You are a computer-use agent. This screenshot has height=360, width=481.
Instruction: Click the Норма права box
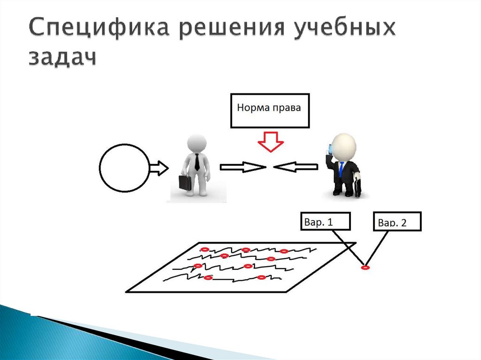coord(270,110)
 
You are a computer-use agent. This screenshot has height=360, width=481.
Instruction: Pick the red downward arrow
coord(270,142)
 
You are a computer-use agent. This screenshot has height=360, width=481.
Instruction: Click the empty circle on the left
coord(124,168)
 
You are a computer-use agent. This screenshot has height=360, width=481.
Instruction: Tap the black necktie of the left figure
coord(197,161)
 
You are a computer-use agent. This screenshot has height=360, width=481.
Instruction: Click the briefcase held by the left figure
coord(185,182)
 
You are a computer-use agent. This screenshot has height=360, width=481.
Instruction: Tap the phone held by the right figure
coord(330,150)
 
